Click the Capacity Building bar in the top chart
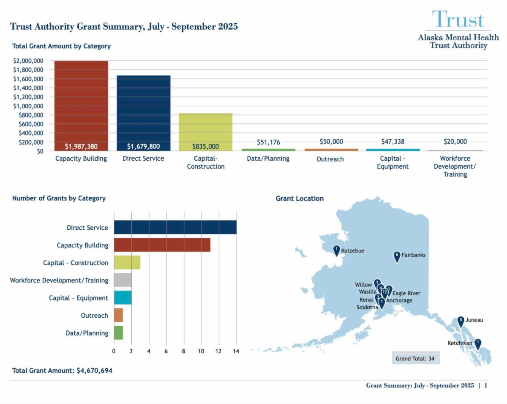point(81,106)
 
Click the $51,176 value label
point(268,142)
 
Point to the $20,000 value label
point(455,142)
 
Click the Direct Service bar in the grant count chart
point(175,228)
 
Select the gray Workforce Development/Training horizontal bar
point(123,280)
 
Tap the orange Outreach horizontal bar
point(118,315)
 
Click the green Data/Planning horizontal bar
point(118,333)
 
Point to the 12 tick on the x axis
point(218,351)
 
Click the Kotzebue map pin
point(336,250)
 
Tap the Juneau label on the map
point(474,320)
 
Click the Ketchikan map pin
point(478,344)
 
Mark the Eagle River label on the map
point(406,293)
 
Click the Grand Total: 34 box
point(416,358)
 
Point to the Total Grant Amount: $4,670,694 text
point(62,371)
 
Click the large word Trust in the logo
point(458,20)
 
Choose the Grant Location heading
point(300,198)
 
